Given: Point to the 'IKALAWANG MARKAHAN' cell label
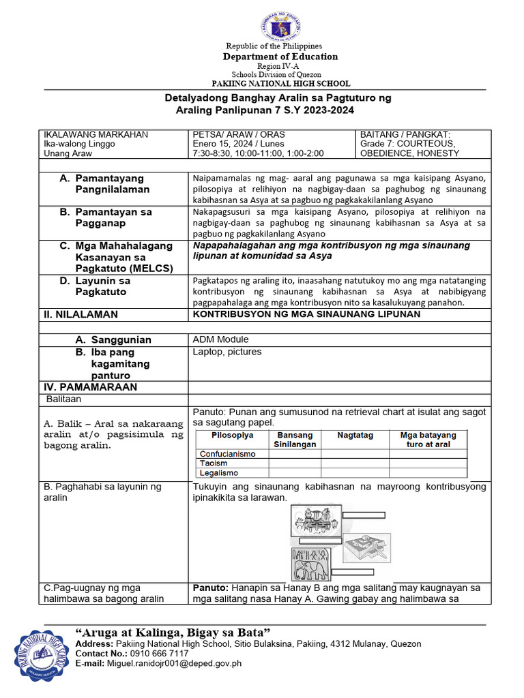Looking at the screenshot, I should tap(96, 134).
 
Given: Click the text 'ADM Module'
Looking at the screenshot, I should tap(220, 339).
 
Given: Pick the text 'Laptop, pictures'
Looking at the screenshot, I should tap(227, 352).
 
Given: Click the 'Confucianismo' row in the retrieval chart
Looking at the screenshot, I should tap(227, 453).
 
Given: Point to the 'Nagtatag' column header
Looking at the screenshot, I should tap(355, 435).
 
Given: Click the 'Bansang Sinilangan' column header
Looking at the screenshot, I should tap(295, 439).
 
